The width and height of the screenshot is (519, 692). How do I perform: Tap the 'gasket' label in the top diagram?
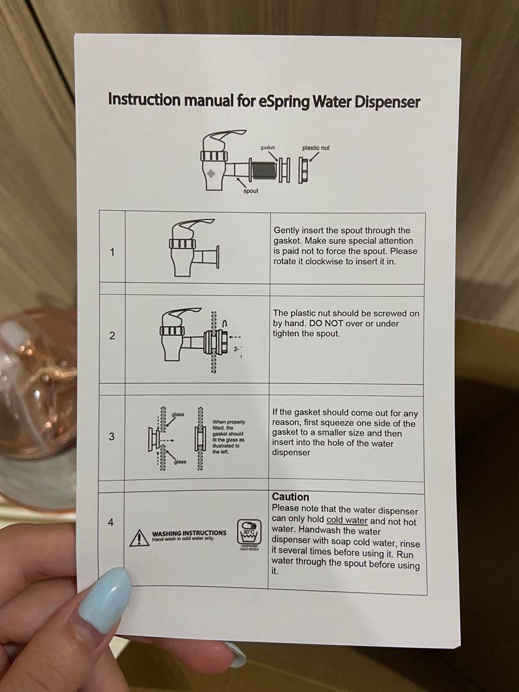tap(268, 148)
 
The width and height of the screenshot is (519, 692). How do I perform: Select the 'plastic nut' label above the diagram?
tap(316, 148)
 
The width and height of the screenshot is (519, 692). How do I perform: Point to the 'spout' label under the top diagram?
tap(251, 191)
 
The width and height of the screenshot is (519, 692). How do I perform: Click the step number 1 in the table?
tap(112, 252)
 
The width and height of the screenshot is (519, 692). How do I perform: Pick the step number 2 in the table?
tap(112, 336)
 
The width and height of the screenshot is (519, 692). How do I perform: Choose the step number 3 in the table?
tap(111, 436)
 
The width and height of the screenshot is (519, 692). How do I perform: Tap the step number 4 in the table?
tap(111, 522)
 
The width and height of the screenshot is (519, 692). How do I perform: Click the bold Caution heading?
tap(290, 497)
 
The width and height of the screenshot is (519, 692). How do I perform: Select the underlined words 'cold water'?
tap(347, 520)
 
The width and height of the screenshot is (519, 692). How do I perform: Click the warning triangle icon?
tap(139, 538)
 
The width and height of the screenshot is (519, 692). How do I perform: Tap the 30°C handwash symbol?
tap(247, 531)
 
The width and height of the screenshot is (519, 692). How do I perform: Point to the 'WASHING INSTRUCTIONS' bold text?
tap(189, 532)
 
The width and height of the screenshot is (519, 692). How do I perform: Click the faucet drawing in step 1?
tap(192, 247)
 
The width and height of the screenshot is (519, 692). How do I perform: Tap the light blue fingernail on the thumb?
tap(105, 600)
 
